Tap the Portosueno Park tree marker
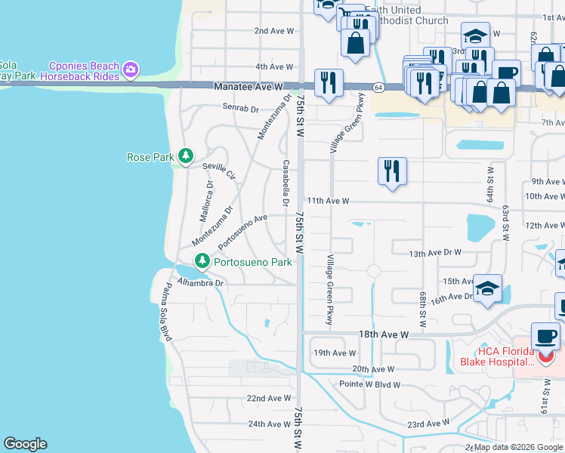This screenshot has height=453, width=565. [202, 262]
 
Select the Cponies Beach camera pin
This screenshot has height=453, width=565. [131, 69]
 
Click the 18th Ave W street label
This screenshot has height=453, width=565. [383, 334]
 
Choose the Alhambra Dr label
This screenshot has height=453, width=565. [201, 283]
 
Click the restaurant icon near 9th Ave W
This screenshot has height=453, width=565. [392, 171]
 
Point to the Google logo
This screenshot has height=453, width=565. [25, 444]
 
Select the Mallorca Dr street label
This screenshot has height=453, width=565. [206, 201]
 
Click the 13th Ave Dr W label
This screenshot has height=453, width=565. [434, 253]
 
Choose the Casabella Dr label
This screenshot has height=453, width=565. [286, 183]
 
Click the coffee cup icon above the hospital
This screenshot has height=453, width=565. [545, 336]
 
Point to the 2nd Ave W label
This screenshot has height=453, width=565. [273, 31]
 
